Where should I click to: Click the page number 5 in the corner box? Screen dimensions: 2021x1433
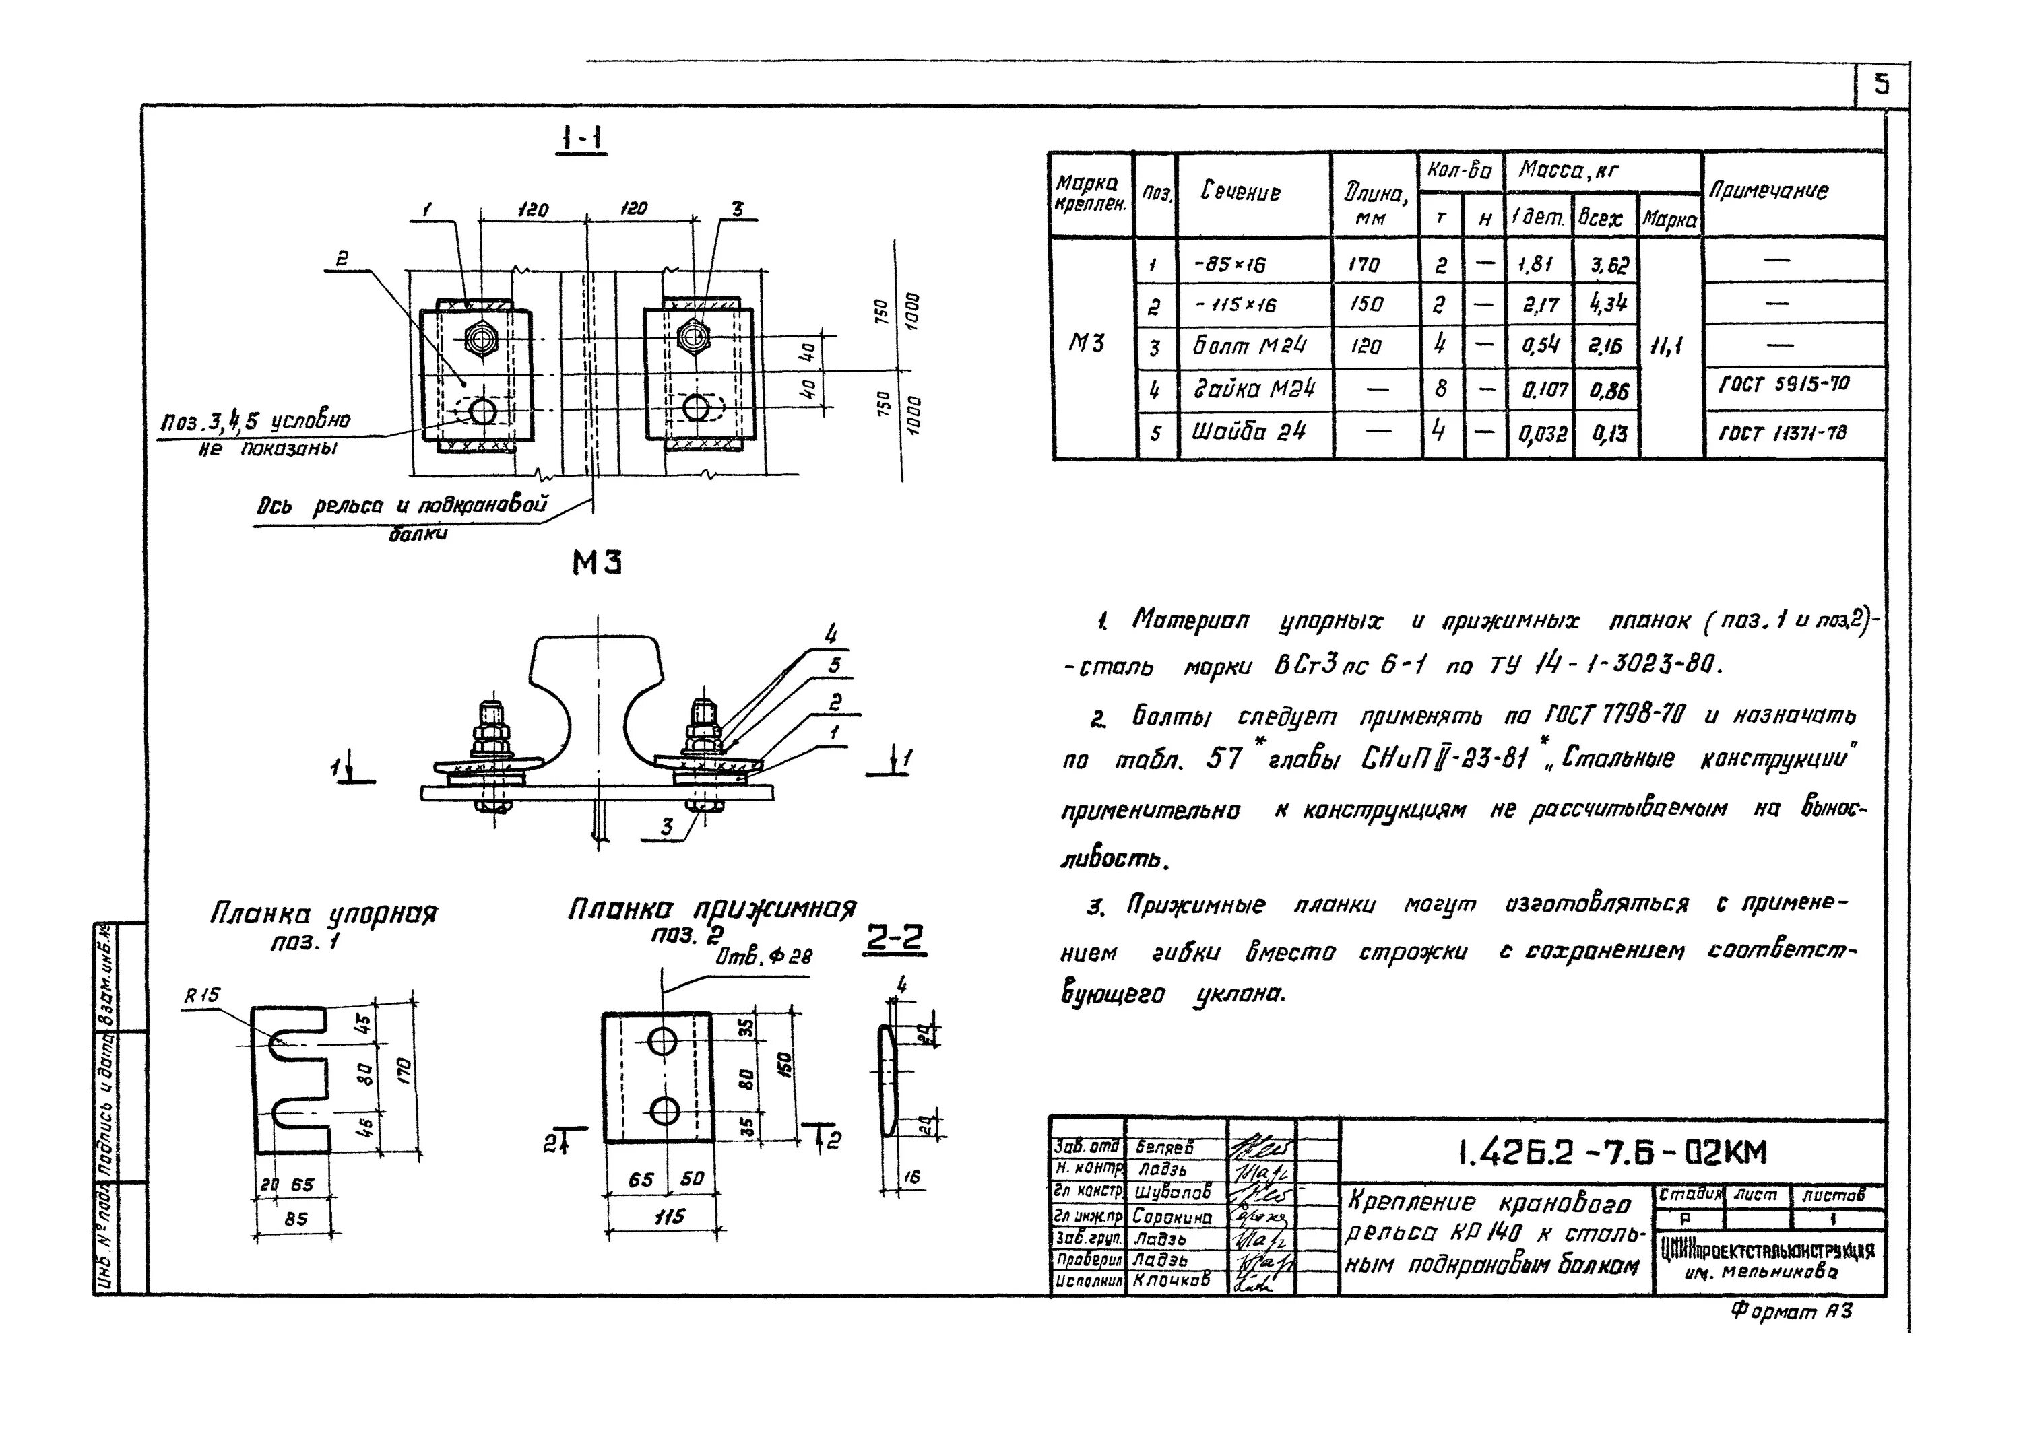(x=1882, y=85)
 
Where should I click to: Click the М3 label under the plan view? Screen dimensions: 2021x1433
(x=598, y=562)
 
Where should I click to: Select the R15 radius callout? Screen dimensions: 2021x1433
(x=202, y=996)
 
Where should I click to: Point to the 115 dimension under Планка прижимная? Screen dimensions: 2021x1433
(x=669, y=1217)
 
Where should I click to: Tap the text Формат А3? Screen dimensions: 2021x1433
(x=1791, y=1312)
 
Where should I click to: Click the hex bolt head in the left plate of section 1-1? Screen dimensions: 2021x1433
(x=481, y=338)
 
